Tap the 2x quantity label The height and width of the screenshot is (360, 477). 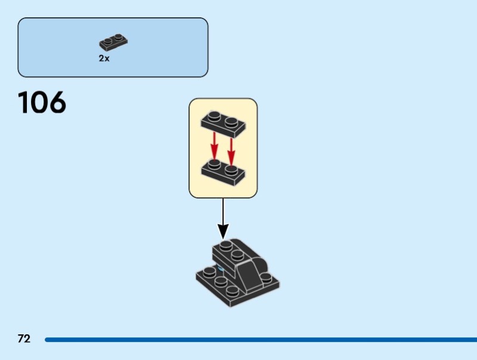(104, 59)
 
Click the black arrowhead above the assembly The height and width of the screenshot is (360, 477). (223, 230)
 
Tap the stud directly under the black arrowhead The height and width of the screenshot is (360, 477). (225, 246)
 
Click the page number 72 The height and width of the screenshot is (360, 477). (24, 339)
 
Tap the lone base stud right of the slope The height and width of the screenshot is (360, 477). (264, 279)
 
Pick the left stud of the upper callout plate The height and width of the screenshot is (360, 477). (213, 117)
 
